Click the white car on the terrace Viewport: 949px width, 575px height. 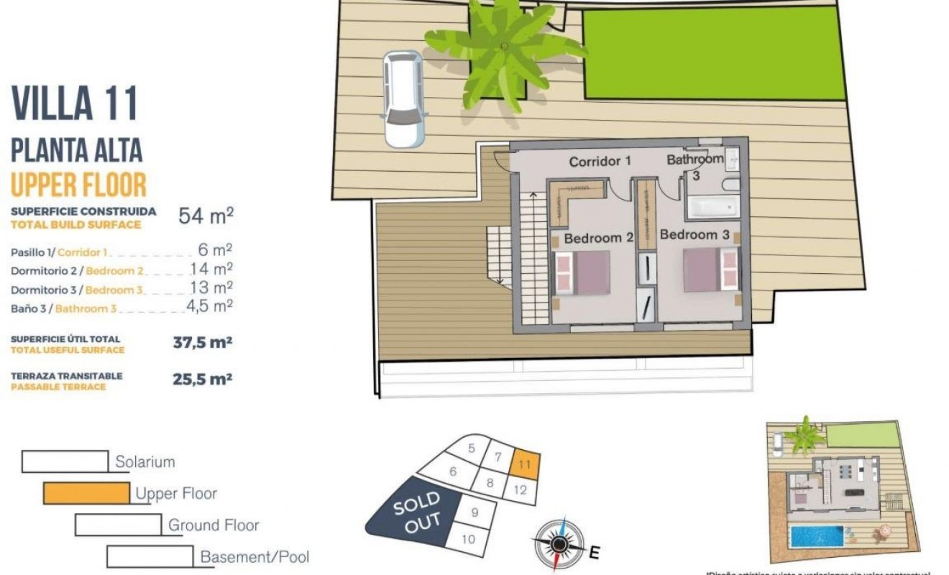403,98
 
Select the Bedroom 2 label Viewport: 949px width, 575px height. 598,238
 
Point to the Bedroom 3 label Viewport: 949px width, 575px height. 694,234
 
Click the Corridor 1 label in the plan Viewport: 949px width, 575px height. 600,162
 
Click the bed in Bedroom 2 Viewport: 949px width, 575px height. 582,272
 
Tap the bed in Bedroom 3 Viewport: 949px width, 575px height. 710,270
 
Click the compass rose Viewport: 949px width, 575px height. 559,543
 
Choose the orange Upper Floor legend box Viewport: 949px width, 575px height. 86,493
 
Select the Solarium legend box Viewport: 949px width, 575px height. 65,461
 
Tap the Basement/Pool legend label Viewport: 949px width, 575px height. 255,557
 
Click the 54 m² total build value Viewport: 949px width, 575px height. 206,216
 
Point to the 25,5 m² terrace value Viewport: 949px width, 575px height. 202,379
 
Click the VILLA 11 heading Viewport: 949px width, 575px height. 75,103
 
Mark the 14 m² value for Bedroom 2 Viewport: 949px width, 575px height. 211,270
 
